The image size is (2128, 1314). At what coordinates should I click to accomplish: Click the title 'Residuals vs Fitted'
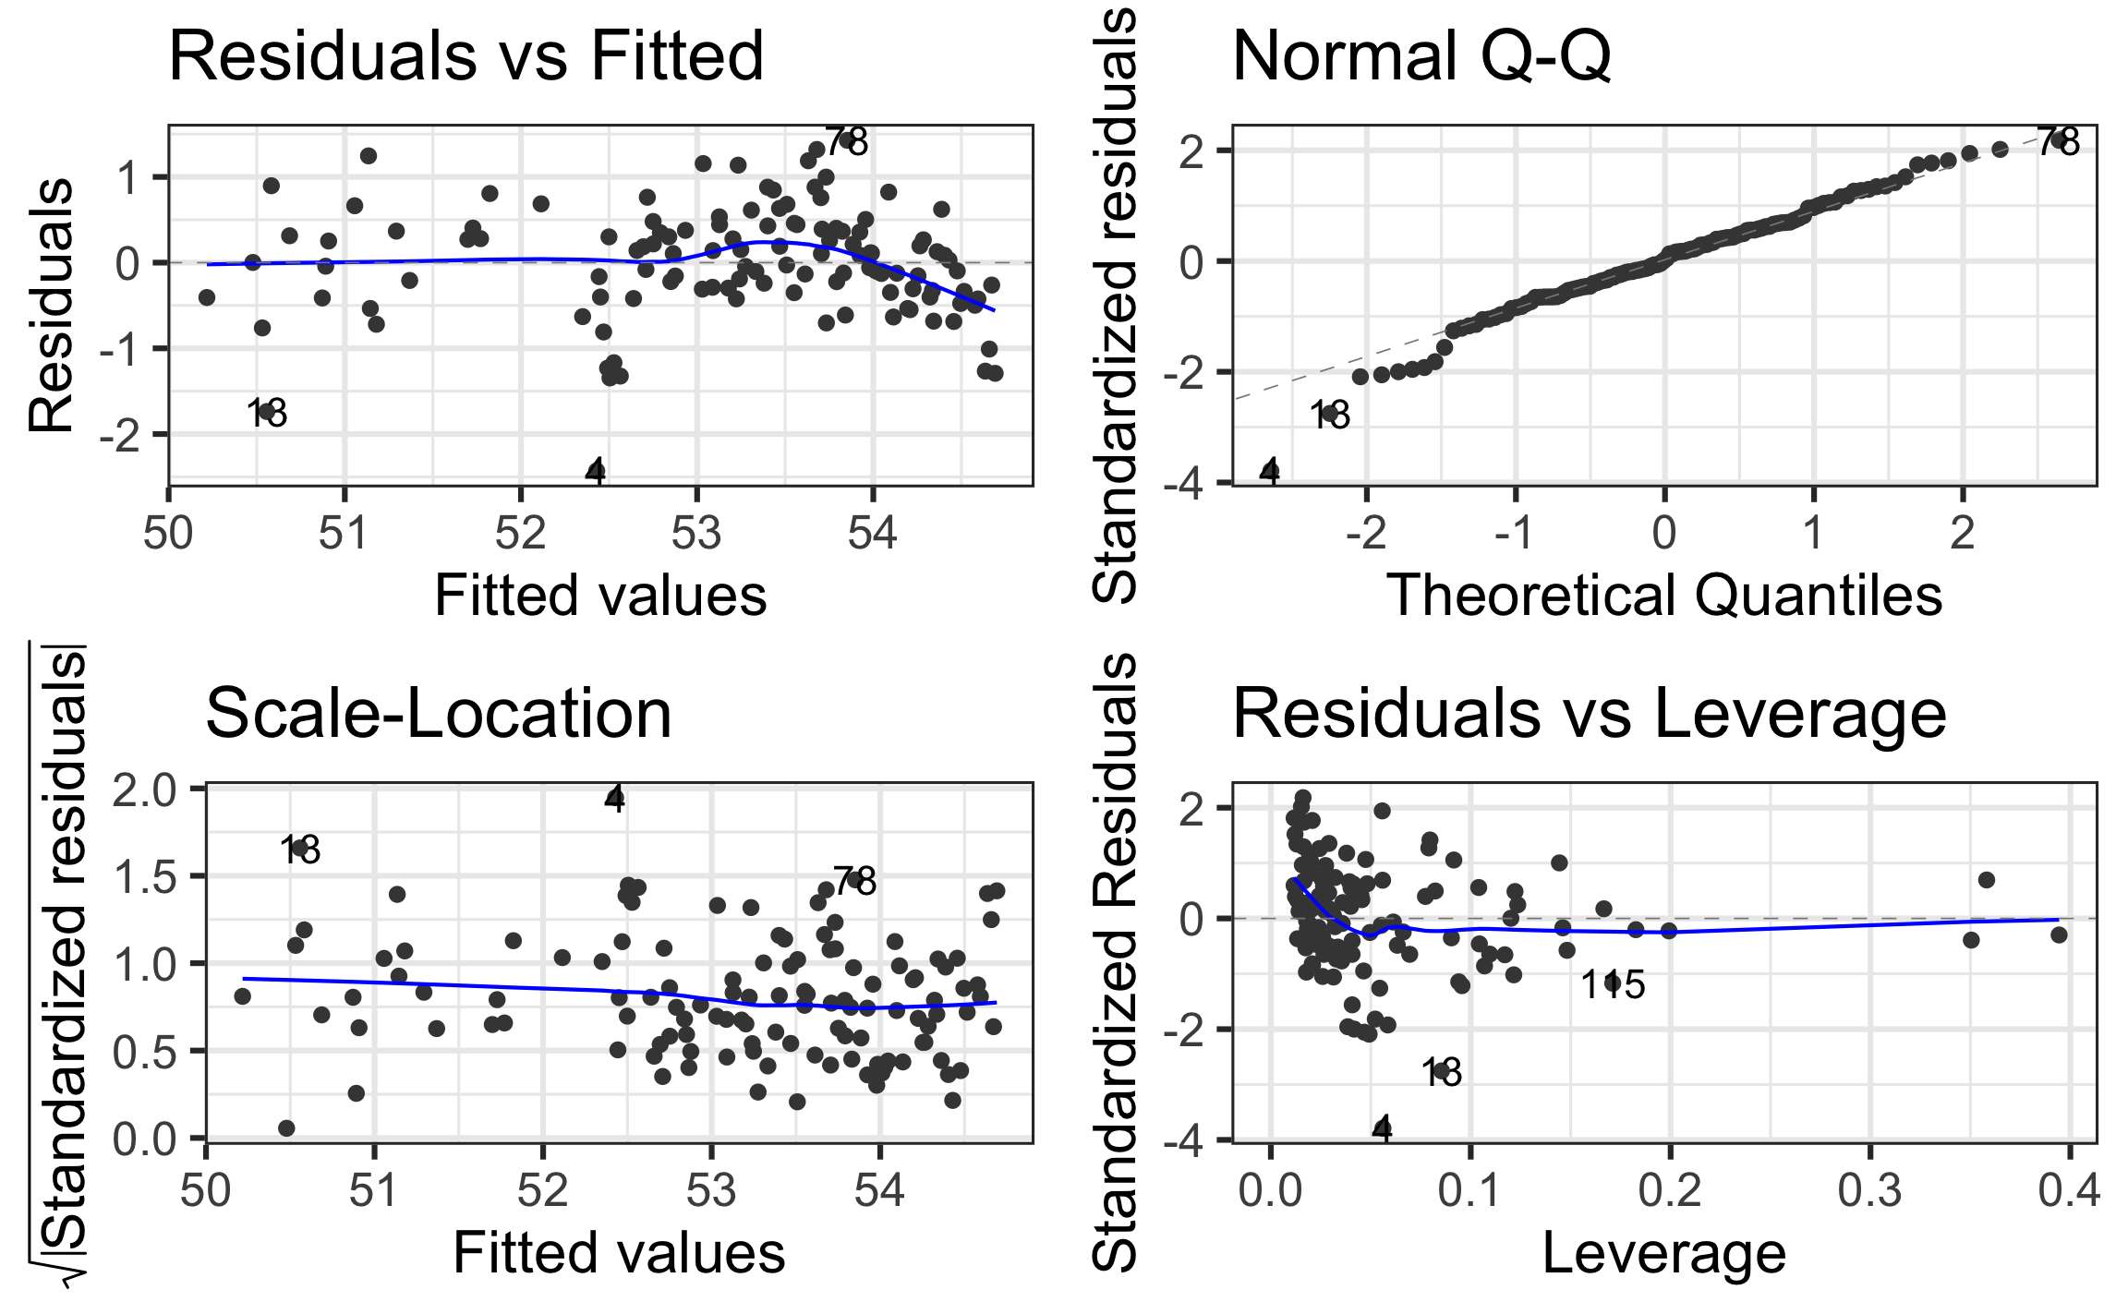(x=465, y=57)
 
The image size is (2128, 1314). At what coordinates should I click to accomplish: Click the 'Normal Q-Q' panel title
(x=1421, y=57)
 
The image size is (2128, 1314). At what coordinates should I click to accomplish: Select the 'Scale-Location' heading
(x=438, y=715)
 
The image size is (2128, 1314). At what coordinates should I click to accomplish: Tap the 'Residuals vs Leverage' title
(x=1589, y=715)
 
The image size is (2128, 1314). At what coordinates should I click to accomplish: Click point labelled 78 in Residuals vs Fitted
(x=846, y=141)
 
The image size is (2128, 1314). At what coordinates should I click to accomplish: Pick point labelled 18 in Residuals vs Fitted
(x=268, y=412)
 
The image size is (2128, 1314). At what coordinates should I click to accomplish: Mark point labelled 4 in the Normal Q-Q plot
(x=1270, y=471)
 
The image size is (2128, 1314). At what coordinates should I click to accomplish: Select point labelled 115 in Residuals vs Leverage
(x=1613, y=982)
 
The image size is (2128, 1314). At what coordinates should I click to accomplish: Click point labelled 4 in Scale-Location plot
(x=615, y=796)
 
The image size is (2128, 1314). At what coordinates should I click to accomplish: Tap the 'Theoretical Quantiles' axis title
(x=1664, y=596)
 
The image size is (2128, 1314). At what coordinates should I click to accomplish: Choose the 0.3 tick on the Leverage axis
(x=1869, y=1191)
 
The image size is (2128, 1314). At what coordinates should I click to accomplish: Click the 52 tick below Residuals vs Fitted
(x=521, y=534)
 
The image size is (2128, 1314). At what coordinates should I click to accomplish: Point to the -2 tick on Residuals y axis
(x=124, y=435)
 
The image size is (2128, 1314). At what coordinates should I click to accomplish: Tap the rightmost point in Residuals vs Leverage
(x=2059, y=934)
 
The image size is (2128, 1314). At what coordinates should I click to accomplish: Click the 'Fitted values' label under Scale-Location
(x=619, y=1254)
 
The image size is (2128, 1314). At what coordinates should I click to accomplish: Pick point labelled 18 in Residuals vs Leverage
(x=1441, y=1071)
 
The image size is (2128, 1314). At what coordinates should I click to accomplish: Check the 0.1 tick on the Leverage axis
(x=1469, y=1191)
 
